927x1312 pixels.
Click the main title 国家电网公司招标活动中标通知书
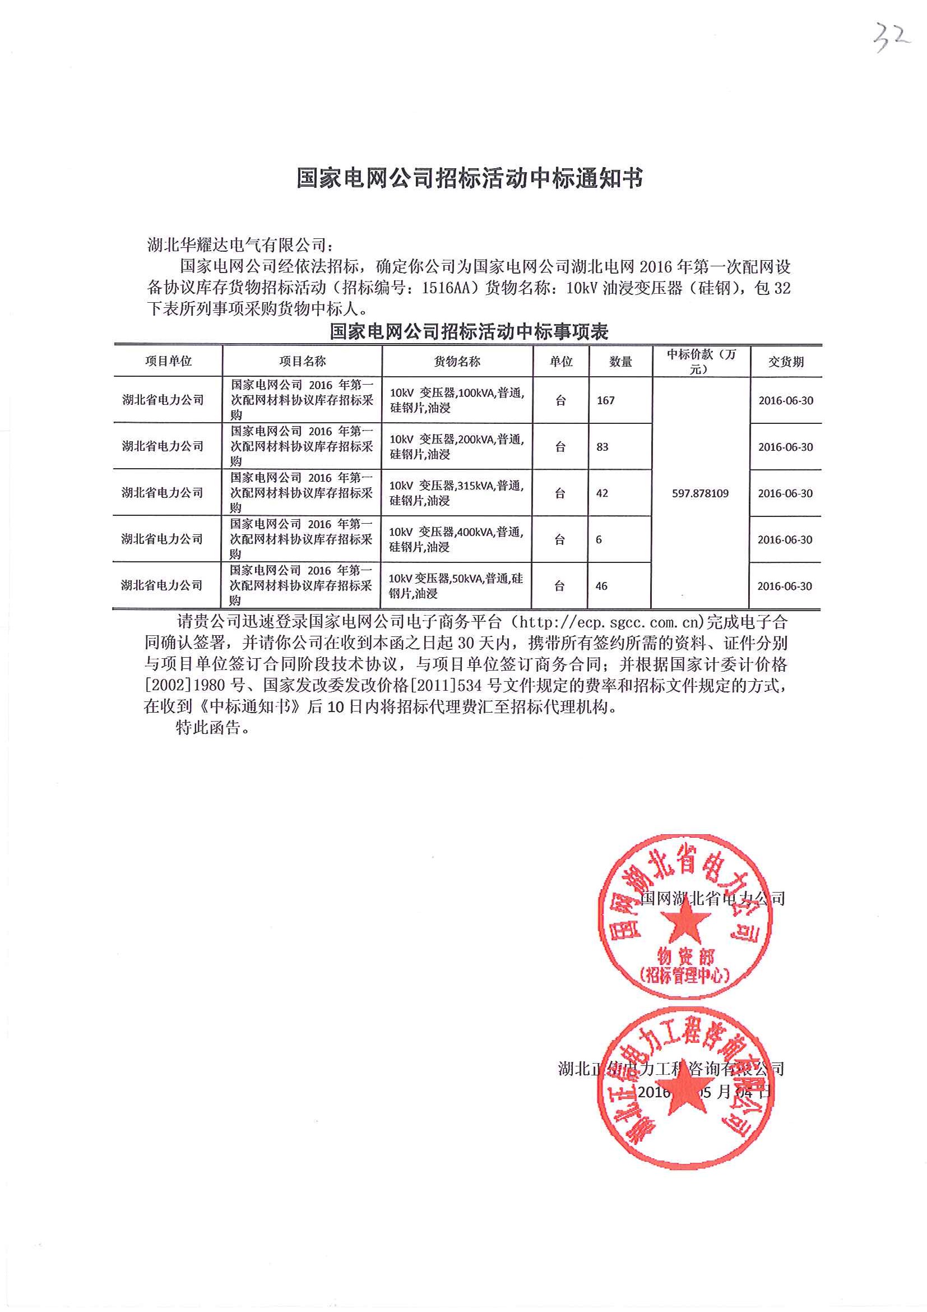tap(470, 179)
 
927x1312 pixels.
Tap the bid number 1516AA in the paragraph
tap(448, 289)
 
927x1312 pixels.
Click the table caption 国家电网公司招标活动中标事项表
tap(469, 332)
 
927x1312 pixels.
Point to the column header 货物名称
tap(457, 361)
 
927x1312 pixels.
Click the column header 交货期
tap(785, 362)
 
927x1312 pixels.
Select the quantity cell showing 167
tap(605, 400)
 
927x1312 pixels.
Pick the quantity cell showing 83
tap(602, 447)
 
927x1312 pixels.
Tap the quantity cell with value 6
tap(598, 539)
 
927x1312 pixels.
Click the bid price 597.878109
tap(699, 493)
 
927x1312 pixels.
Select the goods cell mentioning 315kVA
tap(456, 493)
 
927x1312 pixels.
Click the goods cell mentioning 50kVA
tap(455, 586)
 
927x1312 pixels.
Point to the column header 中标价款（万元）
tap(701, 361)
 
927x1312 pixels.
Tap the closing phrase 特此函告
tap(212, 728)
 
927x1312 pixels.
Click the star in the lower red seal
tap(683, 1109)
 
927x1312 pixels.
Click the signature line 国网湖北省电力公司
tap(712, 898)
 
